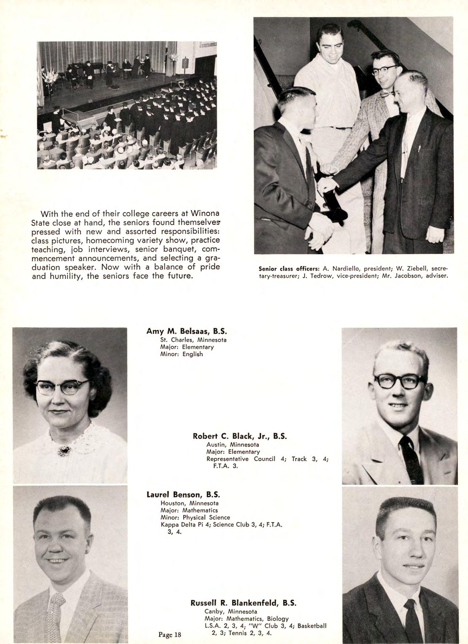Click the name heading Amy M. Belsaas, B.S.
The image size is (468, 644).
187,331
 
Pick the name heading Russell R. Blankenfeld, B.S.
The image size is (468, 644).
243,602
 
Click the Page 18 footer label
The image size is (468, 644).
170,635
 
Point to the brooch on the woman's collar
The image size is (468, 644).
64,451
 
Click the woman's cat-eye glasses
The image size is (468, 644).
63,386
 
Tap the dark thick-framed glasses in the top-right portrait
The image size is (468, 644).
395,381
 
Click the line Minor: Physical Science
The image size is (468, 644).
195,517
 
